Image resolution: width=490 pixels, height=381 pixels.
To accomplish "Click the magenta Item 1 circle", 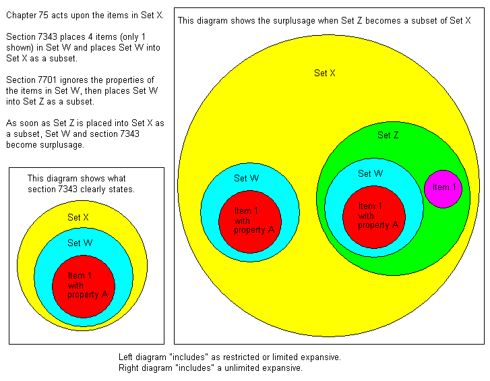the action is pyautogui.click(x=443, y=189).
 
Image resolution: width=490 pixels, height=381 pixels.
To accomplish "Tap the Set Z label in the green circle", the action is pyautogui.click(x=388, y=135).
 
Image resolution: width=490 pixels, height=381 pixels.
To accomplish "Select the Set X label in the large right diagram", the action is pyautogui.click(x=325, y=73).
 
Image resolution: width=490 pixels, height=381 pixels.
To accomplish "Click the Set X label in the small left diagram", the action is pyautogui.click(x=78, y=217).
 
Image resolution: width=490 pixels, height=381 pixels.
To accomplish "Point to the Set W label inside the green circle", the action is pyautogui.click(x=370, y=173).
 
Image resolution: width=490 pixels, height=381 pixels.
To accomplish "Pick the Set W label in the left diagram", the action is pyautogui.click(x=80, y=243).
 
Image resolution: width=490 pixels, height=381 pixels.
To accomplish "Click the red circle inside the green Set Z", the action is pyautogui.click(x=374, y=217).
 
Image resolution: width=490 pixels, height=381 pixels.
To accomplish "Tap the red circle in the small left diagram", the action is pyautogui.click(x=84, y=287).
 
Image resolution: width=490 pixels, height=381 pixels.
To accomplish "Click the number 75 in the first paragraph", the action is pyautogui.click(x=43, y=15).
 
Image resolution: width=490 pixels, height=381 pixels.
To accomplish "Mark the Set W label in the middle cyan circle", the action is pyautogui.click(x=247, y=178).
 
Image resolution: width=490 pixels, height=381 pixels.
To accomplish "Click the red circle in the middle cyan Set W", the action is pyautogui.click(x=250, y=222).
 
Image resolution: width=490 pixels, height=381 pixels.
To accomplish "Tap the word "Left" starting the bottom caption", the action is pyautogui.click(x=125, y=357).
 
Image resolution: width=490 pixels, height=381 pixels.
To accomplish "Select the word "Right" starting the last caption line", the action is pyautogui.click(x=127, y=368).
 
